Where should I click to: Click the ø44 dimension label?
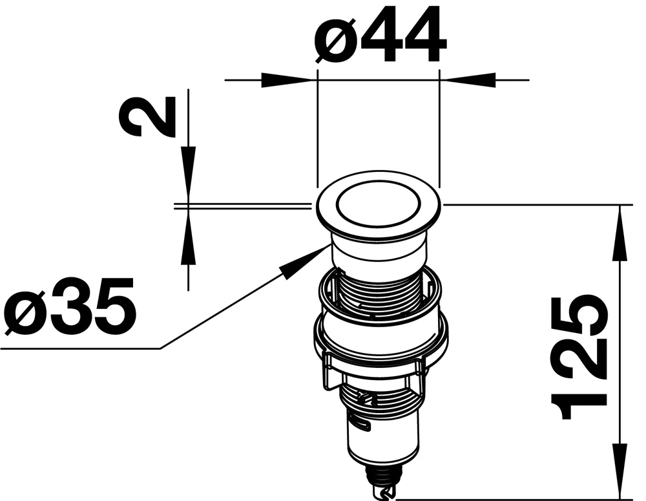click(x=380, y=36)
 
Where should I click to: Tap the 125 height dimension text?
click(x=578, y=357)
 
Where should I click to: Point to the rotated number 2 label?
click(x=147, y=117)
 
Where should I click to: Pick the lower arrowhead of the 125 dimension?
click(x=620, y=470)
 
